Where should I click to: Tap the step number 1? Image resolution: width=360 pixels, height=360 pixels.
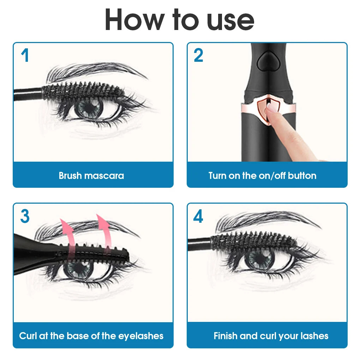(25, 56)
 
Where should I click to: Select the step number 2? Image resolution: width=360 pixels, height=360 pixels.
(198, 56)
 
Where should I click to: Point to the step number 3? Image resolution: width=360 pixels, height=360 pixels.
(25, 216)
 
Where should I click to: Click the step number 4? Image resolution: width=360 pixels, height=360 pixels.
(198, 216)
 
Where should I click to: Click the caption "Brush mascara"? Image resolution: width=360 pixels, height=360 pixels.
(91, 175)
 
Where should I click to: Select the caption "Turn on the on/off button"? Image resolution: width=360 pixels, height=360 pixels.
(262, 175)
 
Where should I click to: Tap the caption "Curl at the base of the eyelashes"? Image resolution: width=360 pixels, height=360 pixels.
(91, 335)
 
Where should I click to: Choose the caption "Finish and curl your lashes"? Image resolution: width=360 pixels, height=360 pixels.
(271, 335)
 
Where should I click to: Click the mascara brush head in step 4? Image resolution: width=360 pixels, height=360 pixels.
(252, 241)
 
